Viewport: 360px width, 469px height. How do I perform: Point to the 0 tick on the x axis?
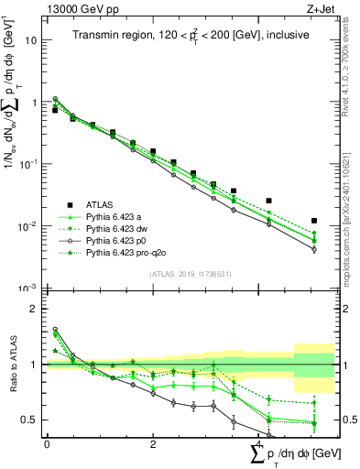point(47,444)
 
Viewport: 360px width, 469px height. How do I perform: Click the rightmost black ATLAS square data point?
point(314,221)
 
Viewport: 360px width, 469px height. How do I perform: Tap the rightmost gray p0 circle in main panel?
point(314,249)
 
